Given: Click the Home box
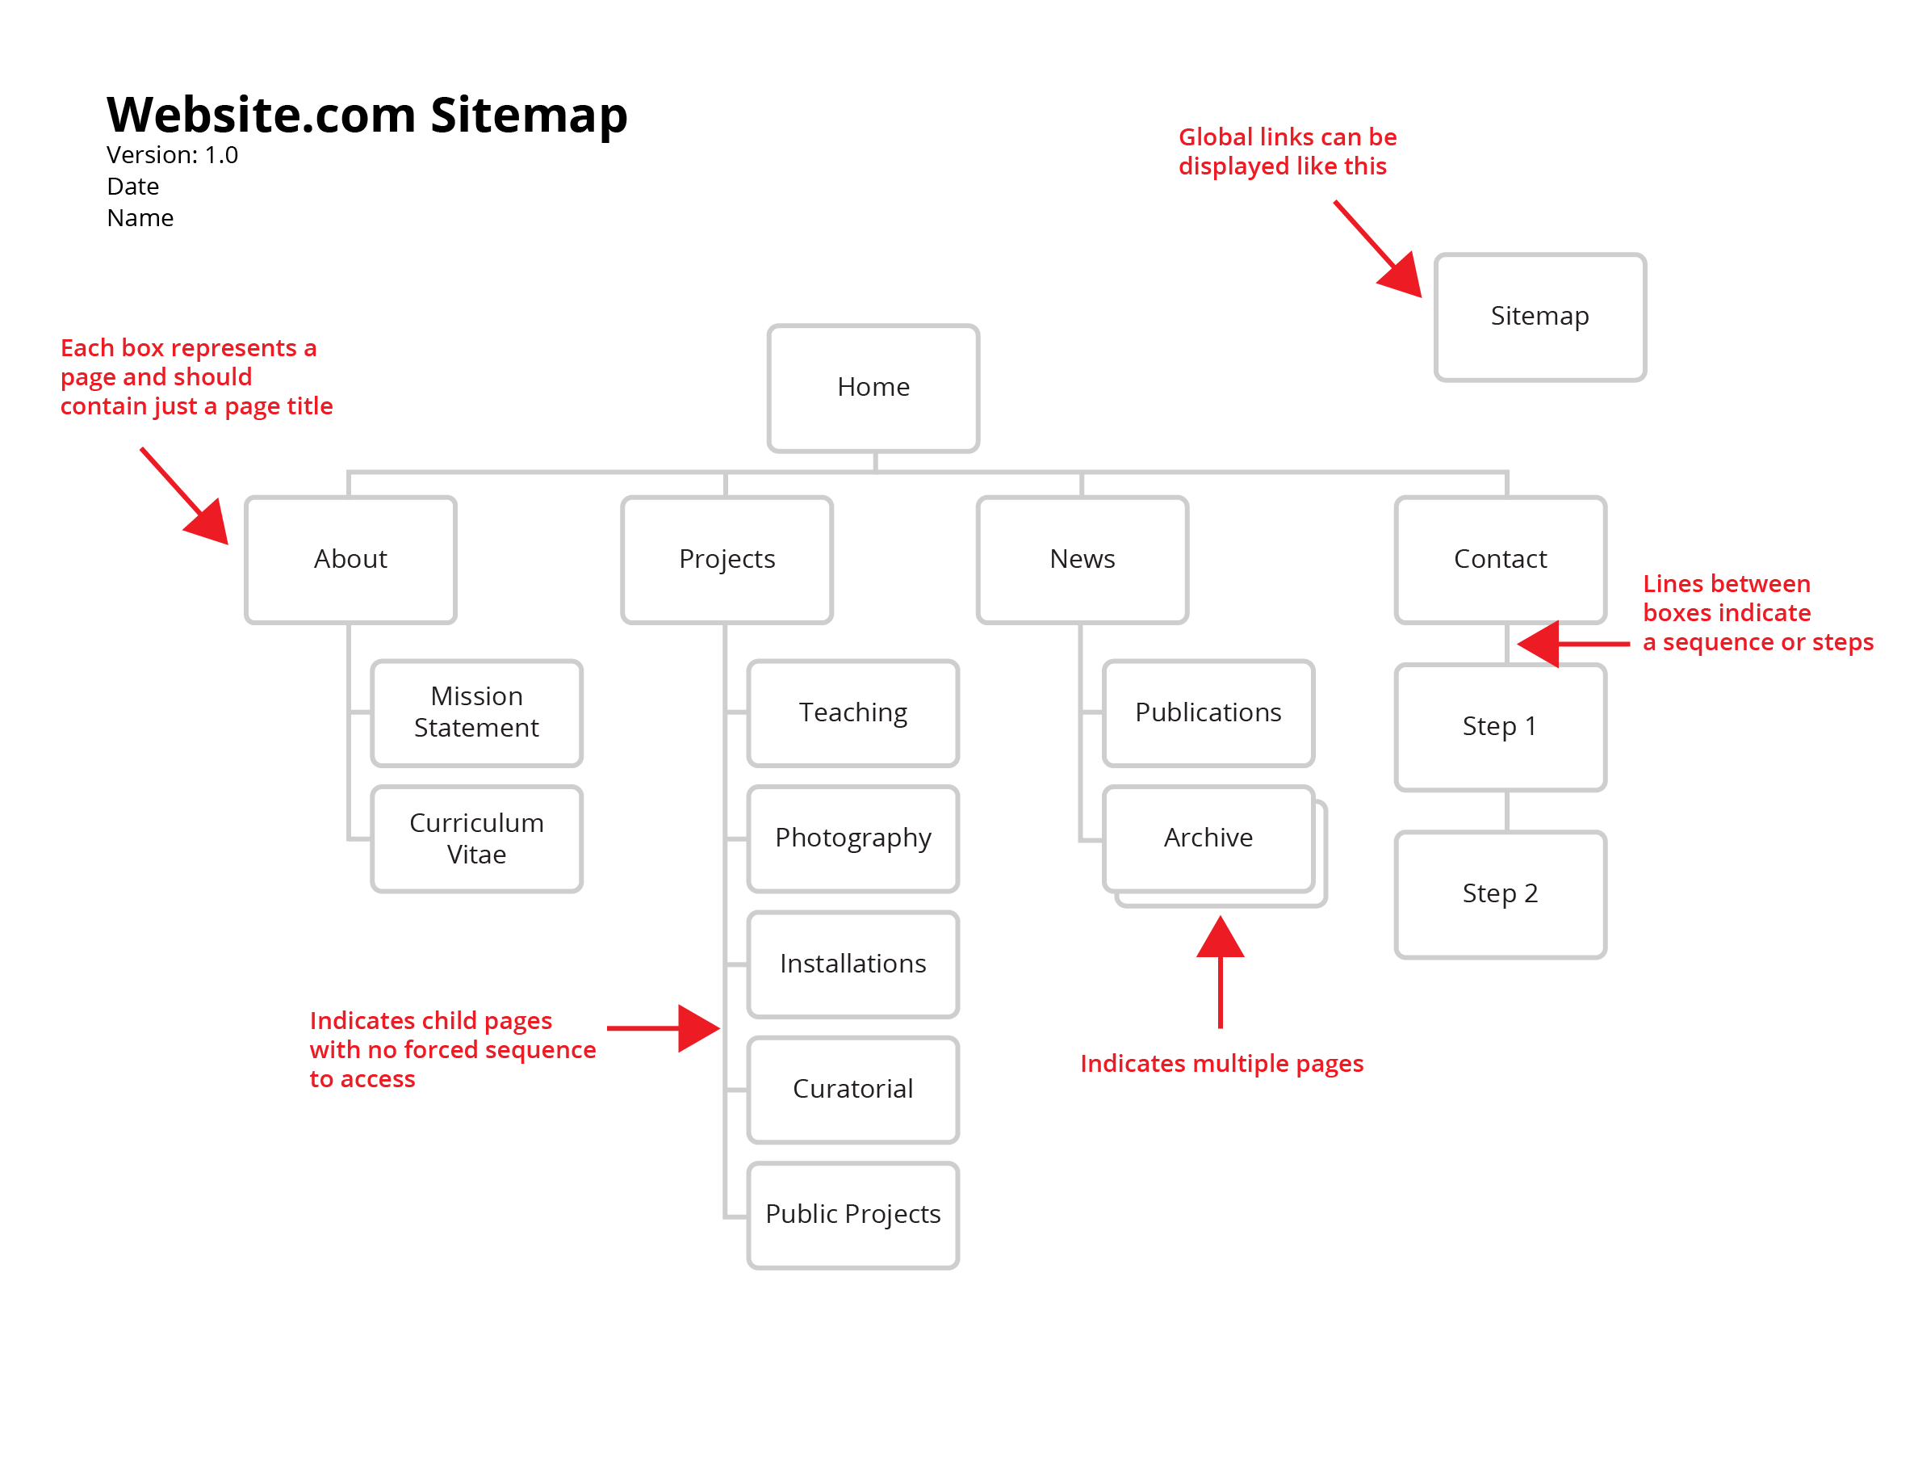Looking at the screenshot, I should pos(873,389).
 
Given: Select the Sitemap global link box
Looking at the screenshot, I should pos(1539,317).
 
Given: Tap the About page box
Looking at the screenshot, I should pos(350,560).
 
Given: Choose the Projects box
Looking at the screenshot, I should pos(727,560).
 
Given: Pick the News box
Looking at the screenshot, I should pos(1082,560).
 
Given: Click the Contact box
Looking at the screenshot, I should pos(1500,560).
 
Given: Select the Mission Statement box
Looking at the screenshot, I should pos(476,712).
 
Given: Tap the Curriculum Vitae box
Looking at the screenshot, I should pos(476,839).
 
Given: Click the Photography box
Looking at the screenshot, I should pos(852,839).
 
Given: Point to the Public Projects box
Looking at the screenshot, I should pos(852,1215).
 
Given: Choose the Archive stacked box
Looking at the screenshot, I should pos(1208,839).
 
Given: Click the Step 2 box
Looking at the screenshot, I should pos(1500,894).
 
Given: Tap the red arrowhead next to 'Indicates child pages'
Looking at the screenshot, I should pos(697,1028).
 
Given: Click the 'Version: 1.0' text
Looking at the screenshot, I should pos(172,156).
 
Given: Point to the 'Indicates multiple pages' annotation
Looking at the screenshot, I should pos(1221,1064).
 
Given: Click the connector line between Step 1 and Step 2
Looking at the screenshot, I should pos(1507,811).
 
